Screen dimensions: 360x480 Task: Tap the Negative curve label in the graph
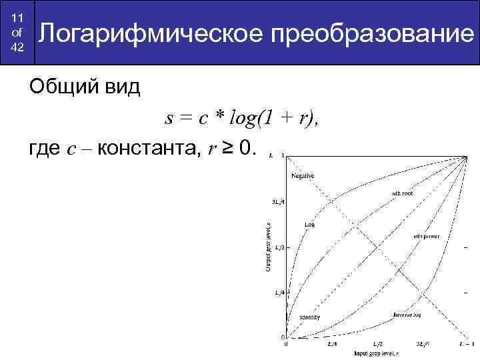tap(302, 175)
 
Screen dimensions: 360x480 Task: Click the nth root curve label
tap(402, 193)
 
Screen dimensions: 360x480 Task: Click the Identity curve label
tap(309, 317)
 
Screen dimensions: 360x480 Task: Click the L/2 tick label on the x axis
tap(377, 344)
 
